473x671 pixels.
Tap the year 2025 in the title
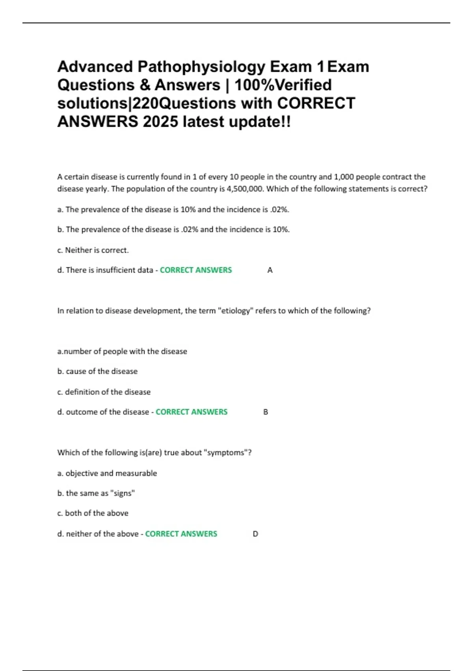pyautogui.click(x=160, y=122)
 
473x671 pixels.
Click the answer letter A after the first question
pyautogui.click(x=270, y=270)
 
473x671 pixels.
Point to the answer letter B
pyautogui.click(x=266, y=412)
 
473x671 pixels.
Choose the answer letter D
pyautogui.click(x=255, y=534)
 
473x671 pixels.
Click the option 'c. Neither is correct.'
pyautogui.click(x=93, y=250)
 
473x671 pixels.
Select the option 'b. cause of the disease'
pyautogui.click(x=97, y=371)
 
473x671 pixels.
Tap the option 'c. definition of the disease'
pyautogui.click(x=104, y=392)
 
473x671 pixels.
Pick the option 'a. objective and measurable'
pyautogui.click(x=107, y=473)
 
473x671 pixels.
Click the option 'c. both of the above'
pyautogui.click(x=93, y=513)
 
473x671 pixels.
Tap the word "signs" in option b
pyautogui.click(x=123, y=493)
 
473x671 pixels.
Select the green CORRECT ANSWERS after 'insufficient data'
pyautogui.click(x=196, y=270)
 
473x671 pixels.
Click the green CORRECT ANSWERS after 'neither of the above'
pyautogui.click(x=181, y=534)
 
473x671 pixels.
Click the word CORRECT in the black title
pyautogui.click(x=316, y=103)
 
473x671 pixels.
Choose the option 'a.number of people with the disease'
pyautogui.click(x=122, y=351)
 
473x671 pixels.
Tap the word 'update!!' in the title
pyautogui.click(x=260, y=122)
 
